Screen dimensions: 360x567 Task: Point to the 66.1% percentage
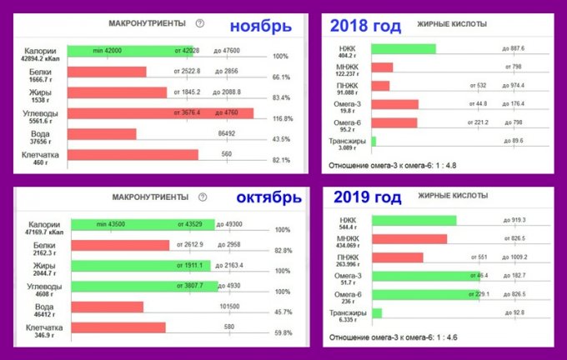(x=281, y=77)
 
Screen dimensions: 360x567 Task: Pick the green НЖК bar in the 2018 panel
(x=403, y=48)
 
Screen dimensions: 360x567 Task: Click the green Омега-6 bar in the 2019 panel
(x=424, y=294)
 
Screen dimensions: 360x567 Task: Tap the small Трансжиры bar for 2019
(x=376, y=312)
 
